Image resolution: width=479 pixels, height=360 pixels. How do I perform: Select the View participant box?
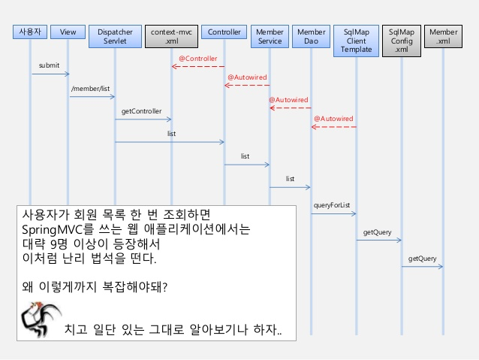(68, 32)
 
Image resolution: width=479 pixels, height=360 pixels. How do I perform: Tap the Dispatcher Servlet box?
(114, 37)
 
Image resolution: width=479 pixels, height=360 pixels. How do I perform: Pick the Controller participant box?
(224, 32)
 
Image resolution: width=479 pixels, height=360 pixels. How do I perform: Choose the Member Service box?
(270, 37)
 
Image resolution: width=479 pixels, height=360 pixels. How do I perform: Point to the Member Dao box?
(311, 37)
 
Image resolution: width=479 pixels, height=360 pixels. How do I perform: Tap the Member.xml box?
(443, 37)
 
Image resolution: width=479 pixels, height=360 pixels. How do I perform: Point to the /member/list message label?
(90, 89)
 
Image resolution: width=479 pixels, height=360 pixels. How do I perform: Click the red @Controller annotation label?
(198, 58)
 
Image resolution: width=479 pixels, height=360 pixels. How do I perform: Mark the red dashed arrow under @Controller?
(198, 66)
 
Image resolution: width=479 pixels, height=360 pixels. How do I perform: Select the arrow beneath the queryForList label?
(333, 213)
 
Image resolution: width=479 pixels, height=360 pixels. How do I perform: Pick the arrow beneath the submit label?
(50, 74)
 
